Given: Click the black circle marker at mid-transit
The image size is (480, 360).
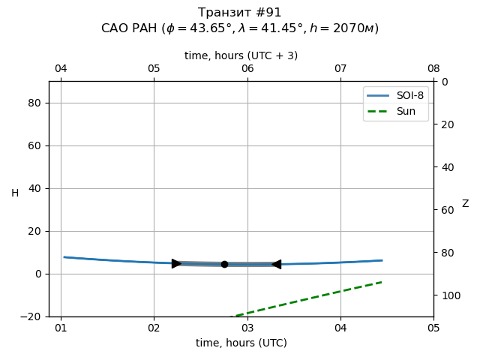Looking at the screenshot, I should [x=224, y=264].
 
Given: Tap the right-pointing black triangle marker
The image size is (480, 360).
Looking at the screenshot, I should [x=176, y=263].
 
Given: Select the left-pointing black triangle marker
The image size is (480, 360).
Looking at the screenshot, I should [x=276, y=264].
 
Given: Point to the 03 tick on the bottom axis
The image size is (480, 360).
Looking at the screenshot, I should [x=247, y=328].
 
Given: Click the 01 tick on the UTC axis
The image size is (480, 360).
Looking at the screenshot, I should [x=61, y=328].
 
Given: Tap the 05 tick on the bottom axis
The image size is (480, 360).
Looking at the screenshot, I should [x=433, y=328].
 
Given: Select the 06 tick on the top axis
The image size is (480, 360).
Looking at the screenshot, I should [x=247, y=69].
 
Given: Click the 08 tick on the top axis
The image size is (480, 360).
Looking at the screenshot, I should [x=433, y=69].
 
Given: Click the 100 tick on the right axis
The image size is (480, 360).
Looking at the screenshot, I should [x=448, y=295].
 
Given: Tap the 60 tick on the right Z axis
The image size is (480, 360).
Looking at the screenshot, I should [x=446, y=210].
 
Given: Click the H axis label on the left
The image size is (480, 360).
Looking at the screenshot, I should [x=15, y=193].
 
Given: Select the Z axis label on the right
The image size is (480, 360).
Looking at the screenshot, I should [x=465, y=203].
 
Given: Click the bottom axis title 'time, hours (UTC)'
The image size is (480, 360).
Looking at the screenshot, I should [x=241, y=343].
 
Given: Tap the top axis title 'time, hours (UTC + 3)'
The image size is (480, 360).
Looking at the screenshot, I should [x=241, y=55].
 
